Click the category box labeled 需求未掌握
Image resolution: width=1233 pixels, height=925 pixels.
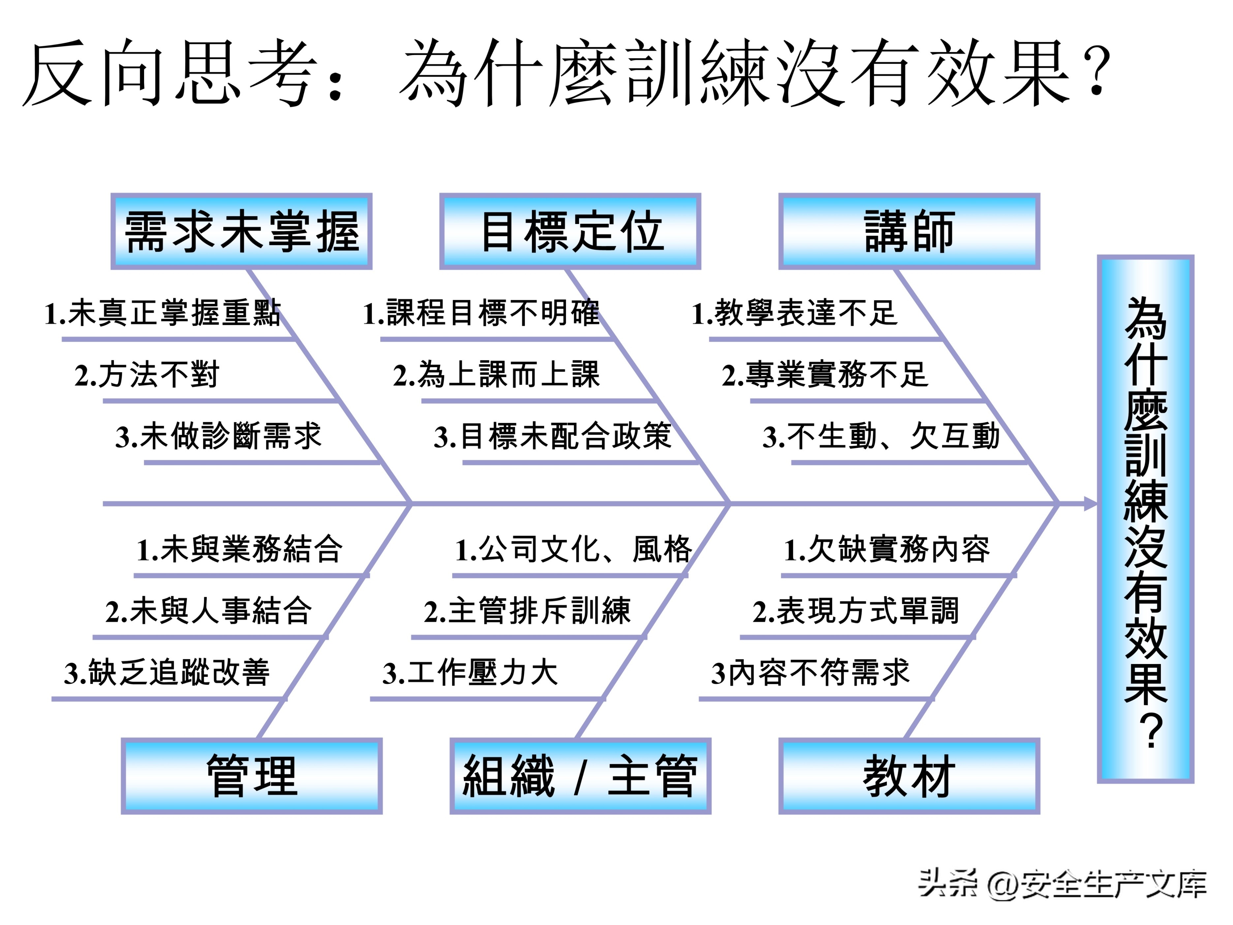point(241,231)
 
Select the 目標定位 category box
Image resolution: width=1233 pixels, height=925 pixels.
point(570,231)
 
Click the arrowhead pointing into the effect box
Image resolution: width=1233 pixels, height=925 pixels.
point(1090,503)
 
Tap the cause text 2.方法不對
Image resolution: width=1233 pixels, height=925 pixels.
point(147,375)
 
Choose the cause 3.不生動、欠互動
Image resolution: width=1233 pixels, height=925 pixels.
point(881,436)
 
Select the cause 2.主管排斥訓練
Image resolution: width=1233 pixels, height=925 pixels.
point(527,611)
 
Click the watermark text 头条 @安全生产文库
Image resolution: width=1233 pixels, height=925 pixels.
point(1062,884)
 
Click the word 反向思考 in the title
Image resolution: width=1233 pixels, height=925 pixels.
point(170,73)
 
